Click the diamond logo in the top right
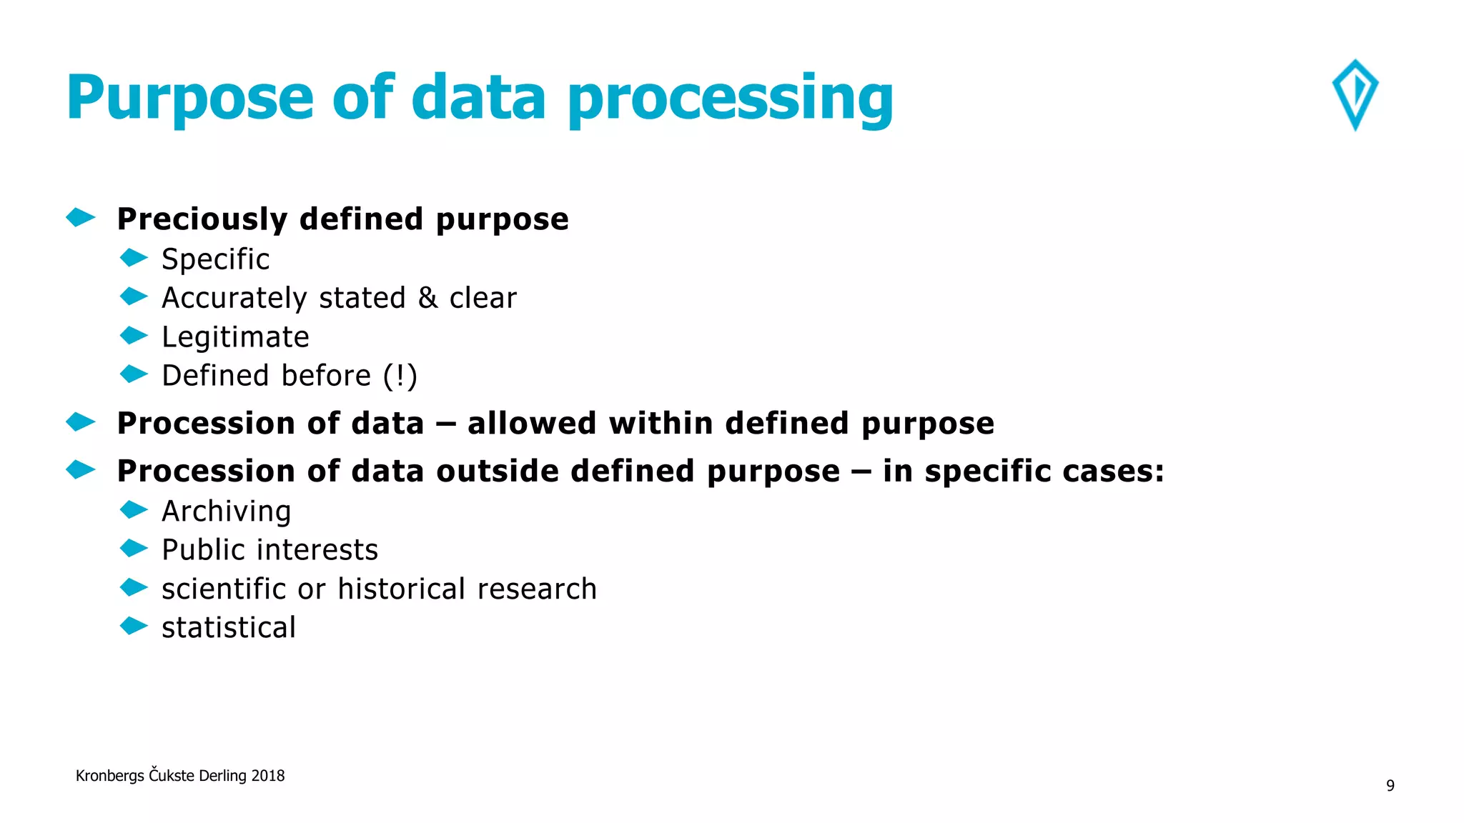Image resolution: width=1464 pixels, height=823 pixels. pyautogui.click(x=1355, y=94)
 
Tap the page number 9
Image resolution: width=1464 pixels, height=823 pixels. pyautogui.click(x=1390, y=786)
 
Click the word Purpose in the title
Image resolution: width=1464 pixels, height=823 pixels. pyautogui.click(x=190, y=99)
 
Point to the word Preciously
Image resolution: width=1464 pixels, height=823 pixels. pyautogui.click(x=202, y=219)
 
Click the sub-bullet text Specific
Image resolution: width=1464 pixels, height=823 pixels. pyautogui.click(x=215, y=259)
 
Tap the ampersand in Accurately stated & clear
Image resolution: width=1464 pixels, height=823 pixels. pyautogui.click(x=427, y=298)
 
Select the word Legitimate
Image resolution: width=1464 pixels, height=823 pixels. pyautogui.click(x=235, y=337)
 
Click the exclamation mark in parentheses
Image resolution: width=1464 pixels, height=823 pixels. pyautogui.click(x=400, y=376)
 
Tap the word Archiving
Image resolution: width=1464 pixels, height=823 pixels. pyautogui.click(x=226, y=512)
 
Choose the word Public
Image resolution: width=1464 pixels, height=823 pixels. pyautogui.click(x=203, y=550)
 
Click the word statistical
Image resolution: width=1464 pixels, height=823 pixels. pyautogui.click(x=228, y=628)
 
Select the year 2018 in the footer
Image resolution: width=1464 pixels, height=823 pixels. pyautogui.click(x=267, y=776)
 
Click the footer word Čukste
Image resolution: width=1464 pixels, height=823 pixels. pyautogui.click(x=172, y=775)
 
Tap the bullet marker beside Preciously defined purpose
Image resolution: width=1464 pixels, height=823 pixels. pyautogui.click(x=81, y=217)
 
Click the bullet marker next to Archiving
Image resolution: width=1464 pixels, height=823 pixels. pyautogui.click(x=134, y=509)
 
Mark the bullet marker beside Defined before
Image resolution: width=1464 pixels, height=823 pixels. pyautogui.click(x=134, y=374)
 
